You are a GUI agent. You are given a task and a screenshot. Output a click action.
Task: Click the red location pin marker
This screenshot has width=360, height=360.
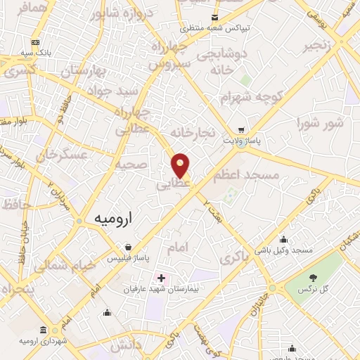coord(181,165)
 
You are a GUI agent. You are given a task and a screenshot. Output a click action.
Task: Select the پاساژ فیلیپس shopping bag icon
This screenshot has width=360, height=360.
coord(128,247)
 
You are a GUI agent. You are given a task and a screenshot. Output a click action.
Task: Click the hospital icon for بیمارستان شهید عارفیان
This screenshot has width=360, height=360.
coord(161,278)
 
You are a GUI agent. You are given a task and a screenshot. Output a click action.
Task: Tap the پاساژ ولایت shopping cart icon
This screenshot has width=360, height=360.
coord(242,130)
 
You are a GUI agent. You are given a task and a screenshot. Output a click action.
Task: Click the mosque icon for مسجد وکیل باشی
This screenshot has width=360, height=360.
coord(283,239)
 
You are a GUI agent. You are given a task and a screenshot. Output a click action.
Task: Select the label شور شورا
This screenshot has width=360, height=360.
coord(321,124)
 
